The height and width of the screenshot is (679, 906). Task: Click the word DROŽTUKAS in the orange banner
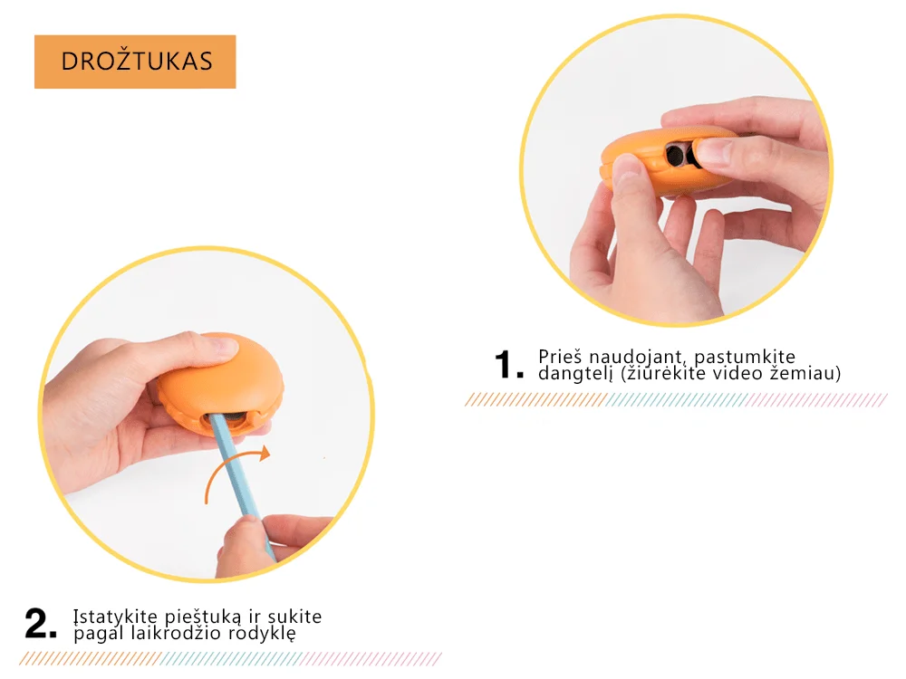click(x=137, y=62)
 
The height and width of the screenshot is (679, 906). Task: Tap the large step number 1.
click(x=509, y=364)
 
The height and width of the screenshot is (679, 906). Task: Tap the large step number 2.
click(x=41, y=624)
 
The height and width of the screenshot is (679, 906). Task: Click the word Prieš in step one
click(x=559, y=356)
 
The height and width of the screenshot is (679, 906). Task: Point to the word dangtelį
click(x=575, y=374)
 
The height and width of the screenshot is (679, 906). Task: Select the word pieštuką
click(x=203, y=617)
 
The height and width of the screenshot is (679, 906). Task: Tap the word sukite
click(x=294, y=617)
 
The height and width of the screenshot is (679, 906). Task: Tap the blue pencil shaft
click(x=242, y=485)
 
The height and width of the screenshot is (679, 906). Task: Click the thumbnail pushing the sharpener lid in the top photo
click(x=711, y=152)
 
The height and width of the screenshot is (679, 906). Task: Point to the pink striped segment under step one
click(x=816, y=399)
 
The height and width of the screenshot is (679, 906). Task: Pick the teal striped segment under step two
click(x=231, y=659)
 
